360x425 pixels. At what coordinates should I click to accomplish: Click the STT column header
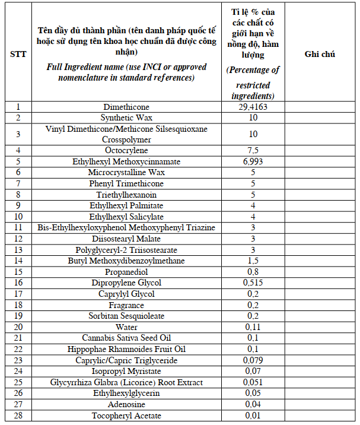[x=18, y=54]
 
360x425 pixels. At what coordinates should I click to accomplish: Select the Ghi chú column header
[x=320, y=54]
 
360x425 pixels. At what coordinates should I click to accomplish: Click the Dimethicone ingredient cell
[x=126, y=107]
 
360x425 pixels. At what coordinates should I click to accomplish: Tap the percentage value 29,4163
[x=253, y=107]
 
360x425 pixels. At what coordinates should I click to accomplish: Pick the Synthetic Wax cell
[x=126, y=118]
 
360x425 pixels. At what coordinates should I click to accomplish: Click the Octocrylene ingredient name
[x=126, y=150]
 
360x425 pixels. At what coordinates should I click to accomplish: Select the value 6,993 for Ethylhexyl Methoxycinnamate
[x=253, y=161]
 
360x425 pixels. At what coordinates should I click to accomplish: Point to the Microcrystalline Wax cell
[x=126, y=172]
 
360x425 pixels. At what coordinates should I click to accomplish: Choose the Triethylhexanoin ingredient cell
[x=126, y=194]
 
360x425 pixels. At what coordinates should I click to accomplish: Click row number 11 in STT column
[x=18, y=227]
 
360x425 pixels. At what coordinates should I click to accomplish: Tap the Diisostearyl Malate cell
[x=126, y=239]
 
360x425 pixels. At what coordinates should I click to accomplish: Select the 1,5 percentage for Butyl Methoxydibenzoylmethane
[x=253, y=261]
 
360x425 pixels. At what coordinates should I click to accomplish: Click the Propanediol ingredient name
[x=126, y=272]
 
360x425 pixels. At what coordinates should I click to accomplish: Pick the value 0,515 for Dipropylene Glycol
[x=253, y=283]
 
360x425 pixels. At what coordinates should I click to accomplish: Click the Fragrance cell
[x=126, y=305]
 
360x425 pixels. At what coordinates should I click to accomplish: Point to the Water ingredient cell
[x=126, y=327]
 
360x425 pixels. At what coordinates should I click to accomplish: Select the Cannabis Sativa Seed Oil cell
[x=126, y=338]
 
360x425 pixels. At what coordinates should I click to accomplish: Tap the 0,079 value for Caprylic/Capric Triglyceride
[x=253, y=360]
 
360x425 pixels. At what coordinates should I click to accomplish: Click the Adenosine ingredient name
[x=126, y=404]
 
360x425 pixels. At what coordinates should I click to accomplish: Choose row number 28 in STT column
[x=18, y=416]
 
